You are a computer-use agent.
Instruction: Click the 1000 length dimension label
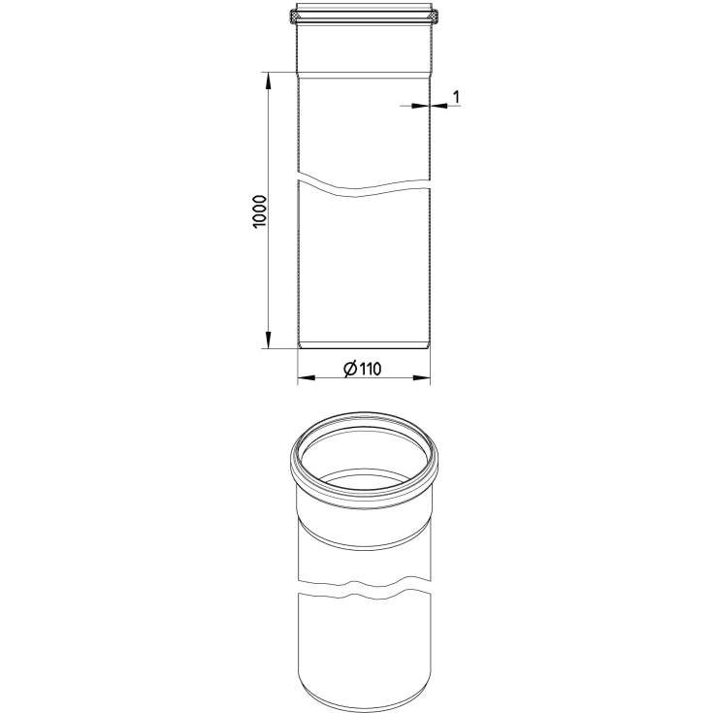(x=259, y=211)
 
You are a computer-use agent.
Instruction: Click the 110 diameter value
(x=371, y=369)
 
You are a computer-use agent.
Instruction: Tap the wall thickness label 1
(x=457, y=96)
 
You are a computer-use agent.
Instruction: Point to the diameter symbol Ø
(x=350, y=369)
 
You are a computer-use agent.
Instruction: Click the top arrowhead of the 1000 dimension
(x=269, y=81)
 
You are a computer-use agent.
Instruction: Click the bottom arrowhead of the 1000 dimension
(x=269, y=340)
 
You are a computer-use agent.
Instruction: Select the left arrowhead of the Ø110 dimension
(x=307, y=377)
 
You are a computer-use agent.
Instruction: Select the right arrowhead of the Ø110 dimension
(x=421, y=377)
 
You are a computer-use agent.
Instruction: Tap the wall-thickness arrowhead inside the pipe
(x=420, y=106)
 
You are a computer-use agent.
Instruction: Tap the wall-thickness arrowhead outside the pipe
(x=439, y=106)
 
